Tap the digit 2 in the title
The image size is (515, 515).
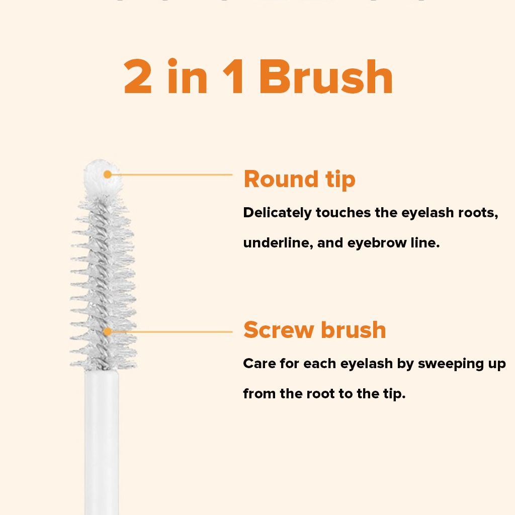[138, 77]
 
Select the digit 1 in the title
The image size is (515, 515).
[233, 77]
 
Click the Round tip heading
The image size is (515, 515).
[300, 180]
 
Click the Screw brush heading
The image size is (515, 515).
[315, 329]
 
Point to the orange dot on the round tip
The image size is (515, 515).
[108, 175]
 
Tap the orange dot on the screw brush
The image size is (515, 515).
[108, 332]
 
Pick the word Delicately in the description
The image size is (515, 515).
[278, 213]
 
